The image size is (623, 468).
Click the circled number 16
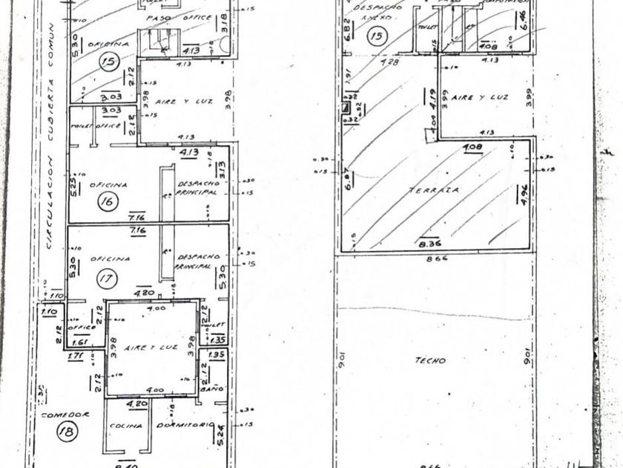(108, 201)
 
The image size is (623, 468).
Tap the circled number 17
(108, 279)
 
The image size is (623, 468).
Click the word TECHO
(431, 360)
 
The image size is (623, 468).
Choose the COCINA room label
(121, 425)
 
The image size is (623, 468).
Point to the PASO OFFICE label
(178, 16)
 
